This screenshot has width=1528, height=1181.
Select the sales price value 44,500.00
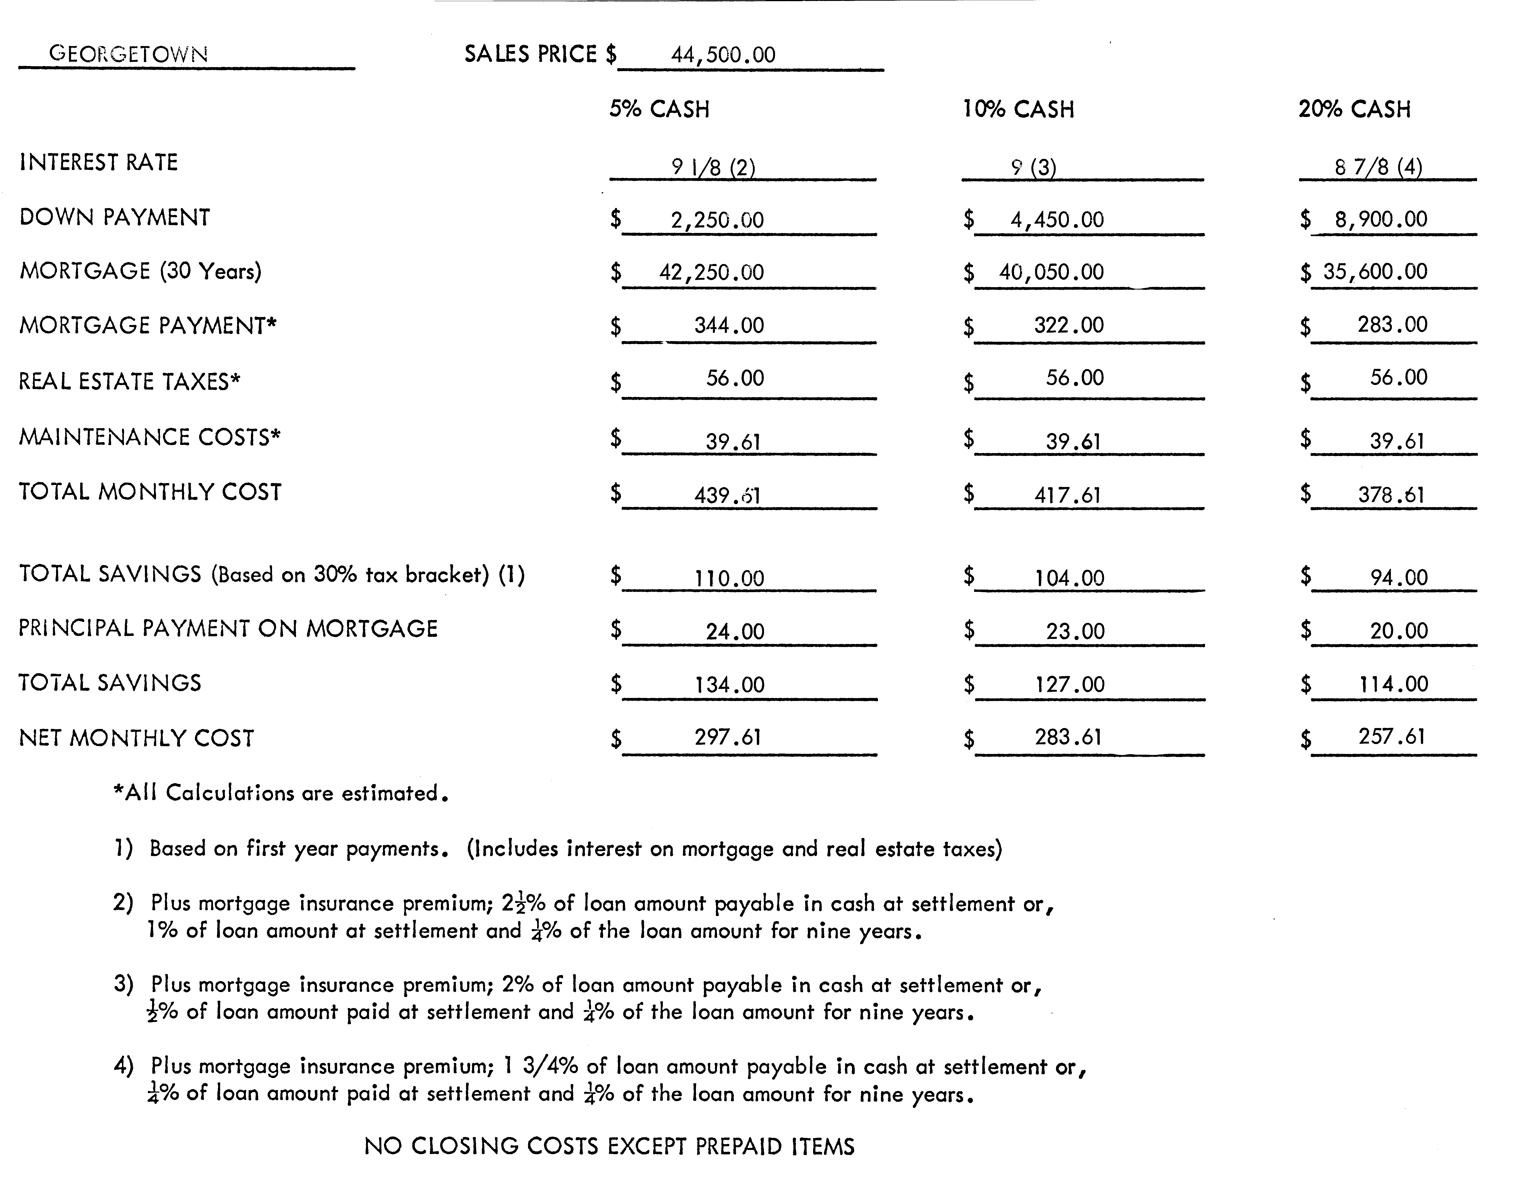click(723, 55)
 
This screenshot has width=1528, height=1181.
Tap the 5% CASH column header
click(659, 109)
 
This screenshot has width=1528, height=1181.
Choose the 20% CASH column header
click(1355, 109)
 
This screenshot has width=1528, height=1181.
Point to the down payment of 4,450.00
click(1056, 220)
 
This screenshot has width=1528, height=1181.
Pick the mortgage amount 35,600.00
click(1375, 271)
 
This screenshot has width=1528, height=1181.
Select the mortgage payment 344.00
click(729, 325)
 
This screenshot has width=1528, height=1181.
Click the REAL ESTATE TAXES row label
click(129, 381)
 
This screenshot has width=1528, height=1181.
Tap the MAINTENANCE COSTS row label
click(149, 437)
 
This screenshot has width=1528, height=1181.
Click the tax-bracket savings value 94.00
click(1399, 577)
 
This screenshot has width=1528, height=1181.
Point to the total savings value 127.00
click(1070, 684)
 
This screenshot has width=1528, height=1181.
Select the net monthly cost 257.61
click(1392, 737)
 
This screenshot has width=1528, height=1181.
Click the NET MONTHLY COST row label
click(136, 738)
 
